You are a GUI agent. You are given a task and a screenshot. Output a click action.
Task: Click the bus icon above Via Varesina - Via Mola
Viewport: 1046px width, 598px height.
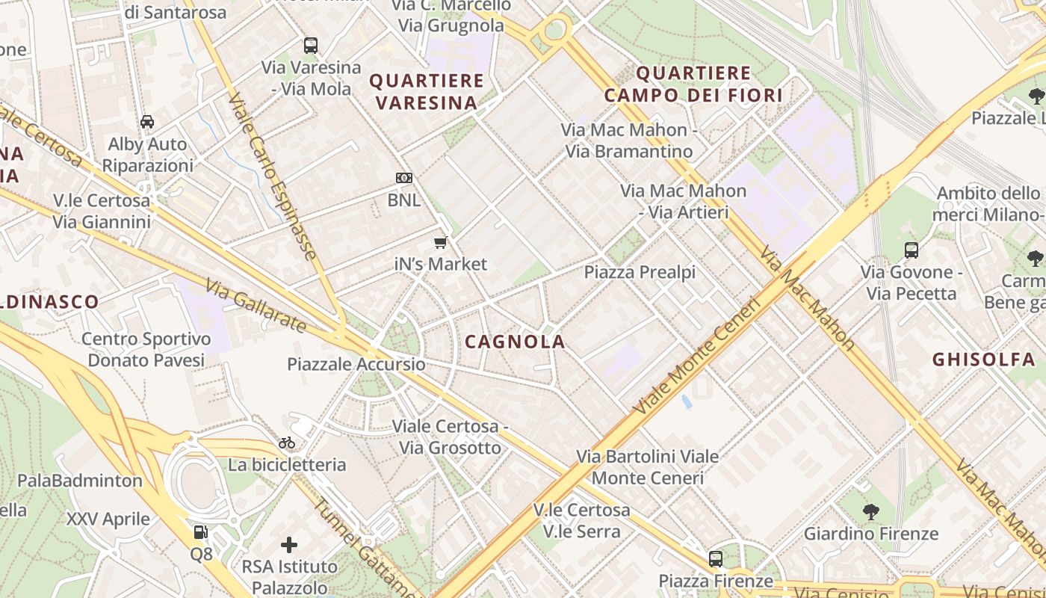(311, 46)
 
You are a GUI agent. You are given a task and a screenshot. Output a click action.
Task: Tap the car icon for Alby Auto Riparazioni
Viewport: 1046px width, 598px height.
(147, 122)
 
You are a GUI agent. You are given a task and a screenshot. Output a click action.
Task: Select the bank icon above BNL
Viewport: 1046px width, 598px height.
(403, 178)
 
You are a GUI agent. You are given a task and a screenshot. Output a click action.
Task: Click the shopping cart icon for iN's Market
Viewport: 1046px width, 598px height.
(441, 242)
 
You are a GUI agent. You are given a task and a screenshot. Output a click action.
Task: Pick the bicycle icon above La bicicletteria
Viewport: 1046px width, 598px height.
(287, 443)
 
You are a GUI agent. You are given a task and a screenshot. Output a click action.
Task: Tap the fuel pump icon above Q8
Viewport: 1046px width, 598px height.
(200, 532)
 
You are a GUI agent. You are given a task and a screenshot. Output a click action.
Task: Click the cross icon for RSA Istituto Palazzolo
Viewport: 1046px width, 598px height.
(289, 545)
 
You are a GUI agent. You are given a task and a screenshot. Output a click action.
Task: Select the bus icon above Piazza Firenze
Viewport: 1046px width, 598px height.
(716, 558)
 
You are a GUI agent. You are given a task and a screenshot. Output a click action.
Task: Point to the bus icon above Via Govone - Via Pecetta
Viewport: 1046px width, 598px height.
(911, 250)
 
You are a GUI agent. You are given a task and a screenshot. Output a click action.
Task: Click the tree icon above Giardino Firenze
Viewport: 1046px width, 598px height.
(870, 512)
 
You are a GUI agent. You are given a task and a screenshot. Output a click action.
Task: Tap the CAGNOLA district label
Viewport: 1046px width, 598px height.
(515, 342)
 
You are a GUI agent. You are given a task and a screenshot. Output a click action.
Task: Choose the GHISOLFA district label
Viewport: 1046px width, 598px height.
(982, 360)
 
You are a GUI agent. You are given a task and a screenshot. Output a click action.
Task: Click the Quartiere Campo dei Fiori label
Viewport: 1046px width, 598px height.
(694, 84)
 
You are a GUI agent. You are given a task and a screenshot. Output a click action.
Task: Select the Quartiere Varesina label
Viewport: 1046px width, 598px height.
(427, 91)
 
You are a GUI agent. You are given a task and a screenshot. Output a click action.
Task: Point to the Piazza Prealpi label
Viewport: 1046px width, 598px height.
(640, 272)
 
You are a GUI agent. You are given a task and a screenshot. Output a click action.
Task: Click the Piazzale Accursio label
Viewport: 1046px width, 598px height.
(356, 365)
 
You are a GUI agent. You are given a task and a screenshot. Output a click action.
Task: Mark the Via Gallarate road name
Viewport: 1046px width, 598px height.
(256, 306)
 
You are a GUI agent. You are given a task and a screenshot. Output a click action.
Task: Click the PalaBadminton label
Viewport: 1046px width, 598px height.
(80, 480)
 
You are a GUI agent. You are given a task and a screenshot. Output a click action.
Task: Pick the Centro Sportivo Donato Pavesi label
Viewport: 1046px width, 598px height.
(146, 349)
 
